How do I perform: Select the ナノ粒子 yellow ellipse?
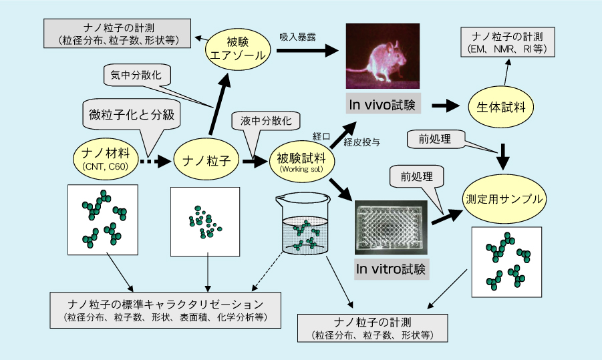point(206,160)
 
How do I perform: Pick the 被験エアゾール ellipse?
point(238,49)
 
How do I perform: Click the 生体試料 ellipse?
point(500,107)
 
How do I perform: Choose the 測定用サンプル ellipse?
point(504,198)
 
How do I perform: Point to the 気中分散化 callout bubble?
point(136,75)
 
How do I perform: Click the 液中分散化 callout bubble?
point(266,122)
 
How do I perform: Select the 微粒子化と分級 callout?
point(132,115)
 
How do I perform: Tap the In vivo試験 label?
point(383,104)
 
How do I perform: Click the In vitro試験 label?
point(390,268)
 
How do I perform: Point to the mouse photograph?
point(382,56)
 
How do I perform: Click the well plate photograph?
point(391,227)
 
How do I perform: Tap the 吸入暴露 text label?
point(297,37)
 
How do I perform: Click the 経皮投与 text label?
point(362,142)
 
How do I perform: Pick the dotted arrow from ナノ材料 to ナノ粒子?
point(155,162)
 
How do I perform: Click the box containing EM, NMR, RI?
point(508,42)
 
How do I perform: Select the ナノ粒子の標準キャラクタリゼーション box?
point(166,310)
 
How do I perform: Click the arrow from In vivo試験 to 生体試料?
point(446,106)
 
